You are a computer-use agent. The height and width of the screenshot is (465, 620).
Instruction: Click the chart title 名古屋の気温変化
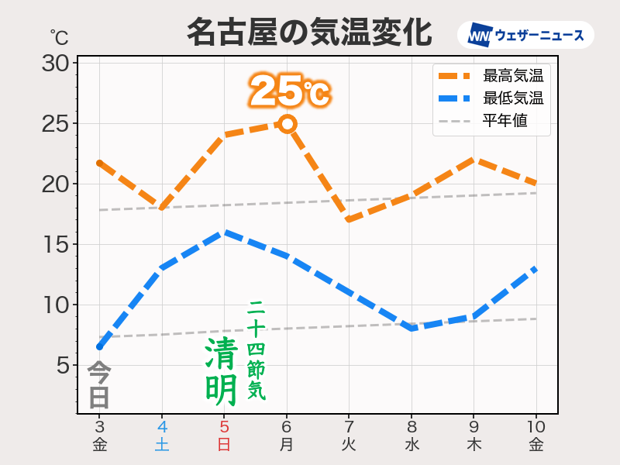(309, 33)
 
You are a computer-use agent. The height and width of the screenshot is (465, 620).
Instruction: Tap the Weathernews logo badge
(525, 36)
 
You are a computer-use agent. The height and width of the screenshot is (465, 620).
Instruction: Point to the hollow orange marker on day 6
(287, 124)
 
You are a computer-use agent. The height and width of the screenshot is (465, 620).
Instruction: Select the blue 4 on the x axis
(162, 427)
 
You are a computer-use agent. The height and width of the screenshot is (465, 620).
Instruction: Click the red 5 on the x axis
(224, 427)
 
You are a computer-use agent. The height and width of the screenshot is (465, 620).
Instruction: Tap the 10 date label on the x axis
(536, 427)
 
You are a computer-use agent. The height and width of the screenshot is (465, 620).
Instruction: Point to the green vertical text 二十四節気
(257, 350)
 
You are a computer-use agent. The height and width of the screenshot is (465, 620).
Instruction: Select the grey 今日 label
(99, 385)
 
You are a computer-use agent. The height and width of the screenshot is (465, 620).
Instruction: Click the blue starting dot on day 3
(99, 346)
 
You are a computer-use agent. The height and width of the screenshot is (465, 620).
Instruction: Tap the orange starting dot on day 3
(99, 164)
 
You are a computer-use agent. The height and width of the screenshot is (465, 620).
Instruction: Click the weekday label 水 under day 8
(412, 445)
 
